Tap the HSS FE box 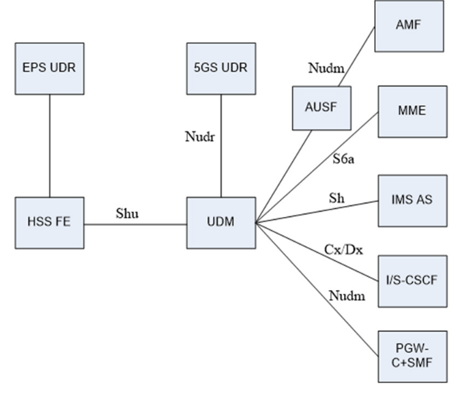pos(50,222)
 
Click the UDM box pos(220,222)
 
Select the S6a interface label pos(343,159)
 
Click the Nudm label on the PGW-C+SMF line pos(346,295)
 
